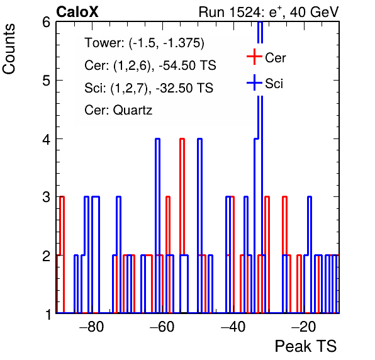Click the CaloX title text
[x=77, y=12]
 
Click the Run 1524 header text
[x=269, y=12]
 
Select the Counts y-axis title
[x=9, y=49]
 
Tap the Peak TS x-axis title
[x=306, y=346]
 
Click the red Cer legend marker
[x=254, y=57]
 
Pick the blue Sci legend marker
[x=254, y=82]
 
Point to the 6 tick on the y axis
[x=47, y=23]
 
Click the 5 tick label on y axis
[x=47, y=81]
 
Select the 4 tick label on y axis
[x=47, y=139]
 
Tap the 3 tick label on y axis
[x=47, y=197]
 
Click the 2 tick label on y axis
[x=47, y=256]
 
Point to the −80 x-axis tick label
[x=92, y=327]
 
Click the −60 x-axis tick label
[x=162, y=327]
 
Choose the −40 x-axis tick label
[x=233, y=327]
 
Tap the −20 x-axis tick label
[x=303, y=327]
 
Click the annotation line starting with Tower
[x=145, y=43]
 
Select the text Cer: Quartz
[x=118, y=110]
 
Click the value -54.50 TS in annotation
[x=187, y=65]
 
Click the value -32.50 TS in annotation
[x=184, y=87]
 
